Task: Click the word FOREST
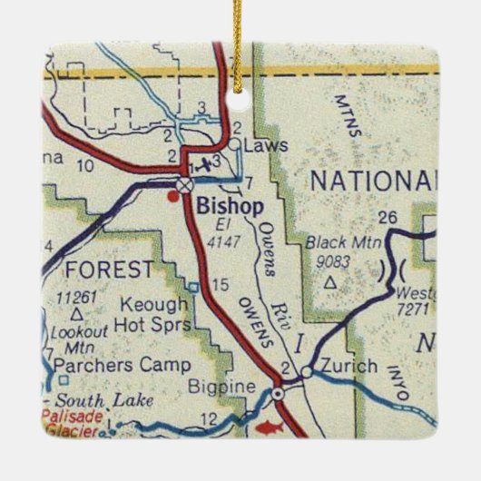[x=110, y=270]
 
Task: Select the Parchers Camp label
[x=123, y=365]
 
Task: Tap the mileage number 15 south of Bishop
[x=220, y=286]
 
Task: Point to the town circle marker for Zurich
[x=308, y=372]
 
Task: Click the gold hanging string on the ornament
[x=240, y=23]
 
